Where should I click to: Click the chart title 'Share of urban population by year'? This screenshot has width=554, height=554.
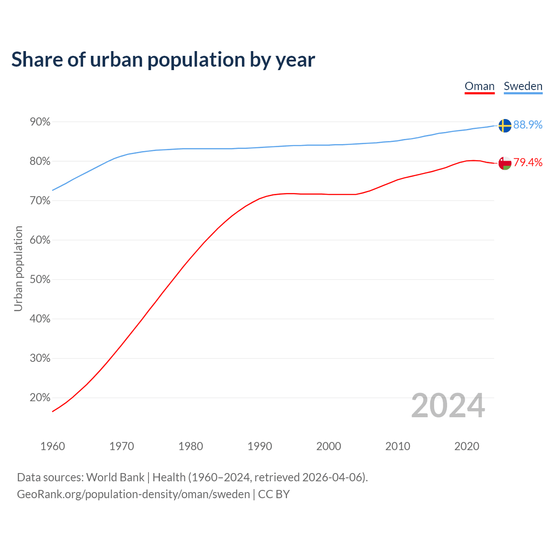(163, 60)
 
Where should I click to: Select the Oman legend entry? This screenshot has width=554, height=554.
(480, 86)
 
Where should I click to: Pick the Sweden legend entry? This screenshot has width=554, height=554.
(523, 86)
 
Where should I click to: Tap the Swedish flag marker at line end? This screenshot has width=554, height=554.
(505, 126)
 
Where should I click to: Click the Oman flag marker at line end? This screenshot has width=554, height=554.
(505, 163)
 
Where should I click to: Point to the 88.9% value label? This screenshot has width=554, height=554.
(528, 125)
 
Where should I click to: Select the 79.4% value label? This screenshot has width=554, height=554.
(528, 162)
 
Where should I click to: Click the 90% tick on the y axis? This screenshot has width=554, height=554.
(40, 122)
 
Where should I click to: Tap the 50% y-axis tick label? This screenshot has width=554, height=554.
(40, 280)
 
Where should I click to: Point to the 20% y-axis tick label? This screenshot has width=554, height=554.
(40, 398)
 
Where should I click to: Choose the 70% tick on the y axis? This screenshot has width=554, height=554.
(40, 201)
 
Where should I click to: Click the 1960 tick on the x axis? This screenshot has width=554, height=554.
(53, 446)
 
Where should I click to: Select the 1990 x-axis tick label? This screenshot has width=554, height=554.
(260, 446)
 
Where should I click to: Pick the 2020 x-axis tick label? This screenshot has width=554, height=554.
(467, 446)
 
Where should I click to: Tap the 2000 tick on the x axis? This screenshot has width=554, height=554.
(329, 446)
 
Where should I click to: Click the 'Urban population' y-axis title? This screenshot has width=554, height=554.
(18, 268)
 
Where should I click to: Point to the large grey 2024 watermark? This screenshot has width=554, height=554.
(448, 406)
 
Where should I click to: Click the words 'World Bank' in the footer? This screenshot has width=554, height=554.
(115, 477)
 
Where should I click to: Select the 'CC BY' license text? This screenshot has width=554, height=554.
(274, 494)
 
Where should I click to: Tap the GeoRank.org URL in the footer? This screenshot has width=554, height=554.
(133, 494)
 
